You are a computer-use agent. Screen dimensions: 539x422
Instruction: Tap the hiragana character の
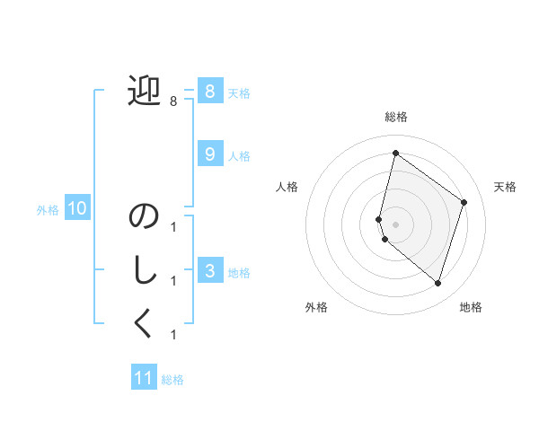144,217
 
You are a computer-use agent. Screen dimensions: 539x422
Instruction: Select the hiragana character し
144,270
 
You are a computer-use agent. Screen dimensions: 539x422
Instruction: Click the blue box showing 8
209,91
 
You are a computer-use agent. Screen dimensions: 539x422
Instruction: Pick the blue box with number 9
209,154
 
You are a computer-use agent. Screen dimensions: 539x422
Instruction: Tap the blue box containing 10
77,209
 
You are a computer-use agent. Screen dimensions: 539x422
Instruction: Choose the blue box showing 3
209,270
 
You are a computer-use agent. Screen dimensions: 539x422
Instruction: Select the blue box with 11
144,378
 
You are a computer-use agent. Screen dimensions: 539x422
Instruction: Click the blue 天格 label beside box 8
239,92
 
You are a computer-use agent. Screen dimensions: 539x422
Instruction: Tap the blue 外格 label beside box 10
48,210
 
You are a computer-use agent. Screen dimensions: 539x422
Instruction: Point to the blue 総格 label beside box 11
172,380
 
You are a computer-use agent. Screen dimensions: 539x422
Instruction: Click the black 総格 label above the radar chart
395,117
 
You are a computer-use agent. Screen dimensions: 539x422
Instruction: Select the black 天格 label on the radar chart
505,187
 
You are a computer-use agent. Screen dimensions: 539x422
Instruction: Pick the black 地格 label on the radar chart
471,307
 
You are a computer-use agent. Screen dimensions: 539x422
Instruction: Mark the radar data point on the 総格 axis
395,154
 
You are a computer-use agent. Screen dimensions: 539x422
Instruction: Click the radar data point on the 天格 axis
464,202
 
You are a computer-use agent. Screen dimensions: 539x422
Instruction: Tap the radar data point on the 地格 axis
437,283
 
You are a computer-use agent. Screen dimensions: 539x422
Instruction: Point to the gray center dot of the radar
395,224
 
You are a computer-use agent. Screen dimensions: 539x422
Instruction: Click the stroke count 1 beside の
172,227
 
